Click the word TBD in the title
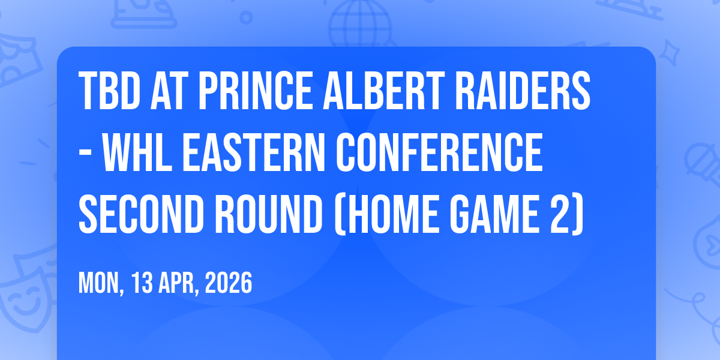(110, 91)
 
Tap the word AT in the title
(169, 91)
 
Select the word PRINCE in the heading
(256, 91)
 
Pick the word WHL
(137, 152)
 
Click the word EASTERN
(254, 152)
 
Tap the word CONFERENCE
(439, 152)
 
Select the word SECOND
(142, 214)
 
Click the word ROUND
(269, 214)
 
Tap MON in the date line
(98, 283)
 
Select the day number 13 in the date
(142, 283)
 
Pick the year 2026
(229, 283)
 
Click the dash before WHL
(85, 155)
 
